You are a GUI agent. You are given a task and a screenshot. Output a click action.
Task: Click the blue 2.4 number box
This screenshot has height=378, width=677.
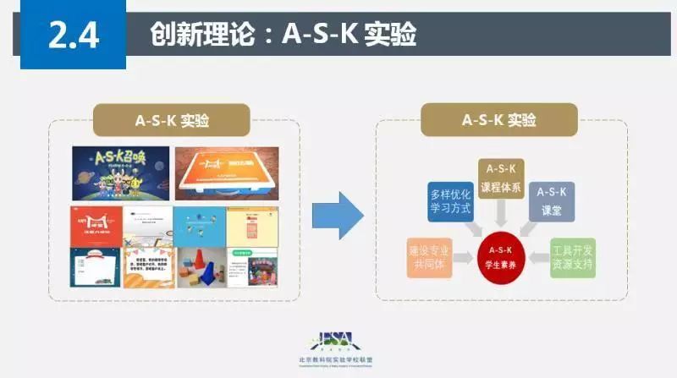coord(73,36)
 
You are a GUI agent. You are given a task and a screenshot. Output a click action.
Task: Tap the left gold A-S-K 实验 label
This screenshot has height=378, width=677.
coord(172,120)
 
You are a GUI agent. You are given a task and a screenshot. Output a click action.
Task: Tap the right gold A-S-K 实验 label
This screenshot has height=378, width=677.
coord(499,120)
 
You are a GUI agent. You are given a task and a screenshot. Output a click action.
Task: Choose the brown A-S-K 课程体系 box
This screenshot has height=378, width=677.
coord(500,179)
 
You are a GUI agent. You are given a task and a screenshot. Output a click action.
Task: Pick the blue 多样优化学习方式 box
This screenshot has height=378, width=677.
coord(449,200)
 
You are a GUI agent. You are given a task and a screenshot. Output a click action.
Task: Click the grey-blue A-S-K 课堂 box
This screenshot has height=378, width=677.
coord(552,200)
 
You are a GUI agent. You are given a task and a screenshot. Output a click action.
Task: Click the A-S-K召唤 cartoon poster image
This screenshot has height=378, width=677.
coord(119,173)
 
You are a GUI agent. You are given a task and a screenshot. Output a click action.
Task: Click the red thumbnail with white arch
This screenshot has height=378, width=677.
coord(96,224)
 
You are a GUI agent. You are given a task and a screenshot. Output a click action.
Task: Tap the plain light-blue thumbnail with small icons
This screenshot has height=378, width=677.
coord(199,224)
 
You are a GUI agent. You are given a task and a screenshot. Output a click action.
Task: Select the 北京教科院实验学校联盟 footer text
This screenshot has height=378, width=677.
coord(338,359)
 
